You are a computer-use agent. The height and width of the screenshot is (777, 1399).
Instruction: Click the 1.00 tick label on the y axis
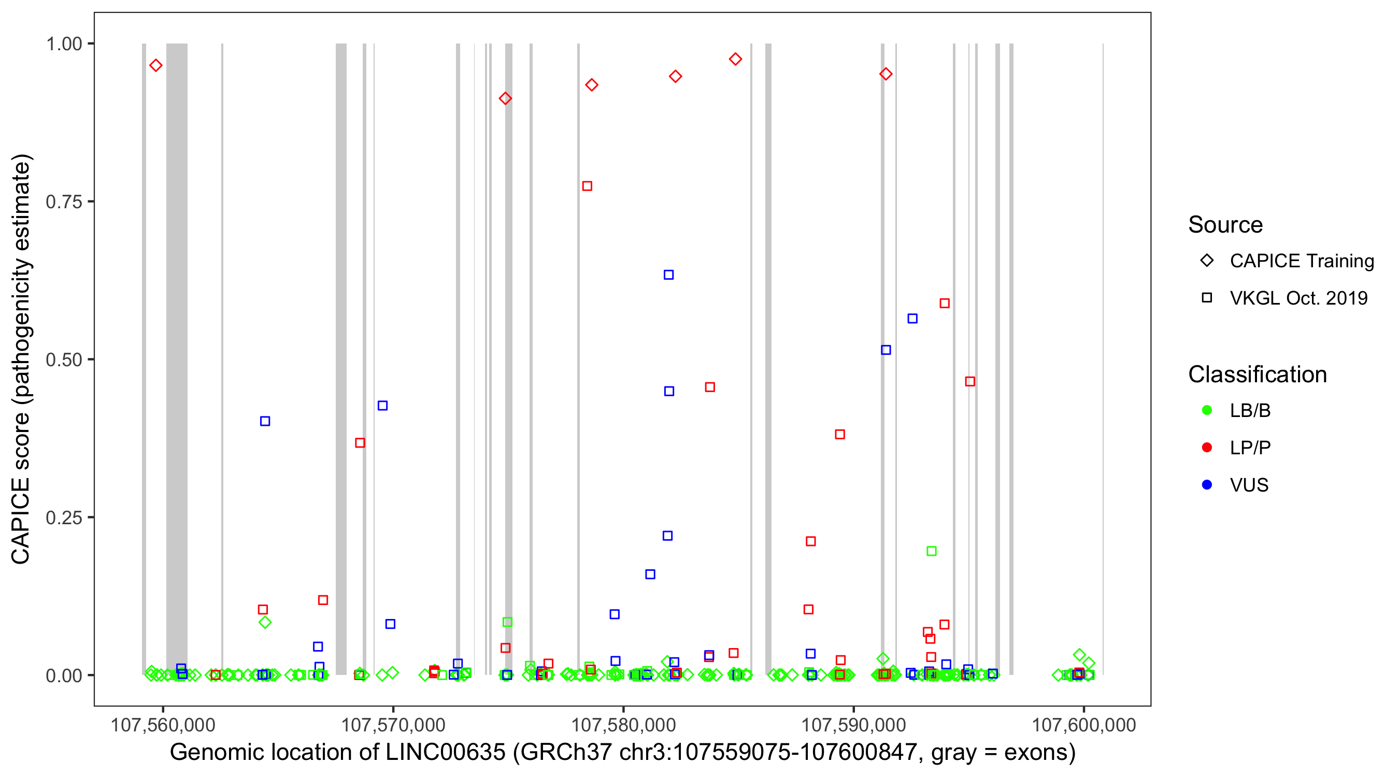coord(64,44)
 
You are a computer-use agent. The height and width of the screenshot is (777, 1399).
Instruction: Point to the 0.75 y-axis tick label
coord(64,202)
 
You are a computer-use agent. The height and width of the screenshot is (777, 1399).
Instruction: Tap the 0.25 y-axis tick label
coord(64,517)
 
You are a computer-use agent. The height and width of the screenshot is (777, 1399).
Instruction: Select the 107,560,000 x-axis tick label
coord(163,725)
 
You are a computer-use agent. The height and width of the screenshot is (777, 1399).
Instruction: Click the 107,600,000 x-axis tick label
coord(1083,725)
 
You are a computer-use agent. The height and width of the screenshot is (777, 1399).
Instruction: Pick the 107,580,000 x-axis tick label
coord(623,725)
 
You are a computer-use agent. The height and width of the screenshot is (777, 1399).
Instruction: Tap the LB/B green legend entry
coord(1250,410)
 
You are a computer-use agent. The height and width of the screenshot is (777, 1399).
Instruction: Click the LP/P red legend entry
coord(1250,448)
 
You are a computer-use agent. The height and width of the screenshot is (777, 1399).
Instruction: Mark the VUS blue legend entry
coord(1249,485)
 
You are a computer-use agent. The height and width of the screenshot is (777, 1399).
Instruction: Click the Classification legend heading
coord(1257,375)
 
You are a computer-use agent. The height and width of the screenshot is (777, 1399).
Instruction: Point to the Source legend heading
coord(1225,225)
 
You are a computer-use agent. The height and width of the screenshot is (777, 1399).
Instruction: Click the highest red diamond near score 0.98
coord(735,59)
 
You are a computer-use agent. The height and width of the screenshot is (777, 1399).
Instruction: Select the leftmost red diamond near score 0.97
coord(156,66)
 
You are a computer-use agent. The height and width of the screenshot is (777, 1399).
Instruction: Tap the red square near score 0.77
coord(587,186)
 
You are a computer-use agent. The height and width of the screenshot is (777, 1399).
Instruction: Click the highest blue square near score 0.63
coord(668,275)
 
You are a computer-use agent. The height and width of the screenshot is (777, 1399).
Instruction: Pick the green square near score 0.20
coord(932,551)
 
